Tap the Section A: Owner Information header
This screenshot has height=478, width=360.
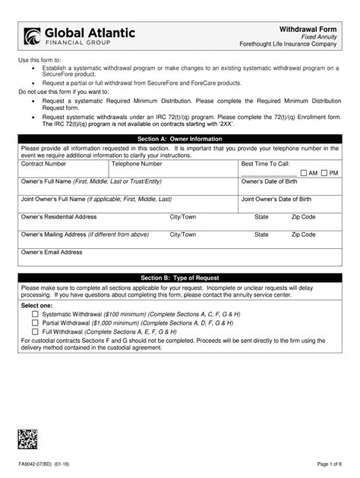[180, 139]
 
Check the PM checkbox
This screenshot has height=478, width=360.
[324, 173]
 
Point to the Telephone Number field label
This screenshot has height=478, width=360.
[137, 163]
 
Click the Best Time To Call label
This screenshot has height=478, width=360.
[265, 163]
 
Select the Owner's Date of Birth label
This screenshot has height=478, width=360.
[273, 181]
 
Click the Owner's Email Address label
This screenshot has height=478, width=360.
[52, 252]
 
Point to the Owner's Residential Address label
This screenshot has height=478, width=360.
[58, 216]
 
